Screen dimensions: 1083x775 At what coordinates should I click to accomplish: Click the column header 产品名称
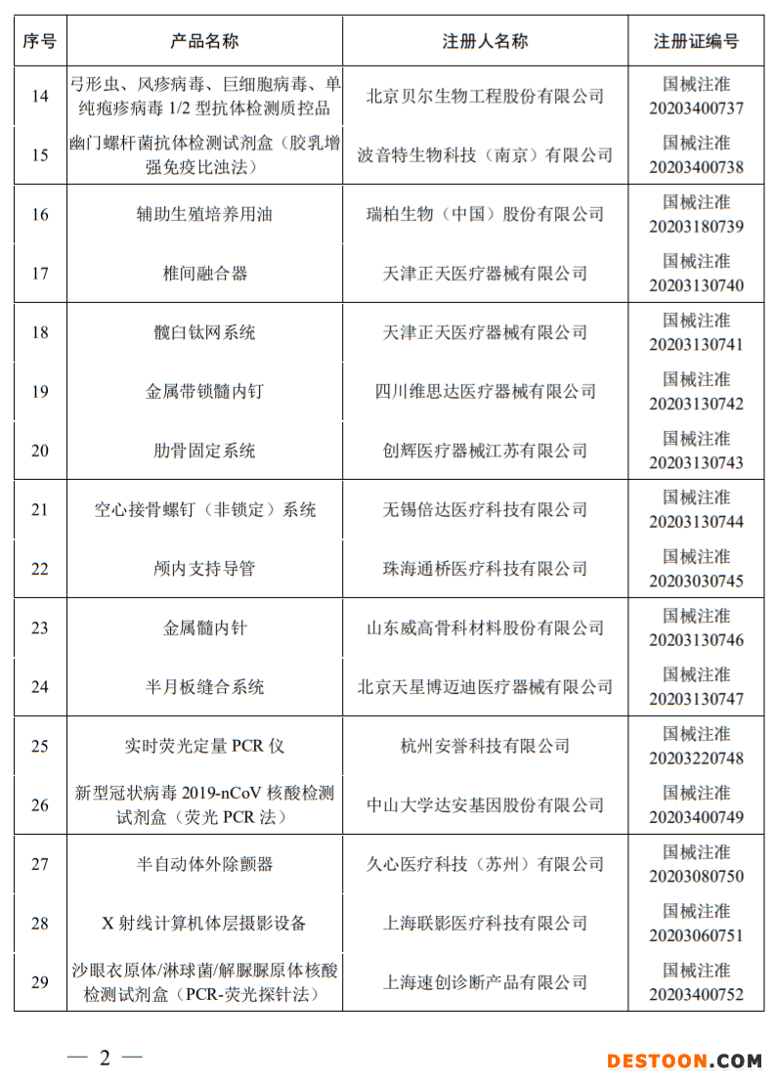[x=204, y=41]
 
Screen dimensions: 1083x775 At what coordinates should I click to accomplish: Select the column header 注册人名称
[x=485, y=41]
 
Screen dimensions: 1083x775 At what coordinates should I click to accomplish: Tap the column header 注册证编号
[x=696, y=41]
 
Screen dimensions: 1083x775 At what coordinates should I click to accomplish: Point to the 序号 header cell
[x=40, y=41]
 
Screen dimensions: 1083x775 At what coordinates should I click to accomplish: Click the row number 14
[x=40, y=96]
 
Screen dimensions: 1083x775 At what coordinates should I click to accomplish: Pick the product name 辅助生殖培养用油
[x=204, y=214]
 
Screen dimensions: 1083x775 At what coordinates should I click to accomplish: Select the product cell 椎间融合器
[x=204, y=274]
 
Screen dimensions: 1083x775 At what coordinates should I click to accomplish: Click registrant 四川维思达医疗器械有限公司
[x=485, y=392]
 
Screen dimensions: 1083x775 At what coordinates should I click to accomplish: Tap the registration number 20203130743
[x=696, y=462]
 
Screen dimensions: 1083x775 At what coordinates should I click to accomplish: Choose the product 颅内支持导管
[x=204, y=569]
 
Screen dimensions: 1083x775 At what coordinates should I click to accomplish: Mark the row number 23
[x=40, y=628]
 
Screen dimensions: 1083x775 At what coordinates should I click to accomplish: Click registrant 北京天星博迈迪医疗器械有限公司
[x=485, y=687]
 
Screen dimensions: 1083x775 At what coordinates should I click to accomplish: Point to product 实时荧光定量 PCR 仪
[x=204, y=747]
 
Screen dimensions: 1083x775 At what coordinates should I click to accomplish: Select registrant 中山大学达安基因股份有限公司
[x=485, y=805]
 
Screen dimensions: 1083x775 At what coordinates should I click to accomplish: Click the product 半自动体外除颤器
[x=204, y=864]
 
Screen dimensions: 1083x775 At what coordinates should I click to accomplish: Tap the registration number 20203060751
[x=696, y=935]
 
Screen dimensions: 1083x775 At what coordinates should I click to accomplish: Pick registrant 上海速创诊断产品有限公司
[x=485, y=982]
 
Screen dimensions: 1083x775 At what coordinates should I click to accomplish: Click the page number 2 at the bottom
[x=105, y=1058]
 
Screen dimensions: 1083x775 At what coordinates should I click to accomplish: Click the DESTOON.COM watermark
[x=683, y=1061]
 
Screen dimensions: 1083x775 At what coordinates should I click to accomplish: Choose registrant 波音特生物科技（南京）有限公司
[x=485, y=155]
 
